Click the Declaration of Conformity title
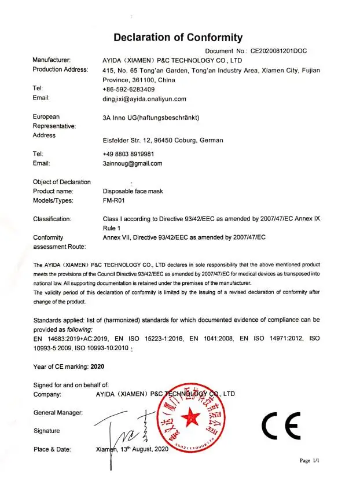(178, 38)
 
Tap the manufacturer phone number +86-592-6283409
(128, 89)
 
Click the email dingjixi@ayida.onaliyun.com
(144, 99)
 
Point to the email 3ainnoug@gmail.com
(133, 163)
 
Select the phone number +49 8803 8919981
(128, 154)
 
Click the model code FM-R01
(114, 200)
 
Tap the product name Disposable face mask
(134, 191)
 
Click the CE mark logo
(281, 427)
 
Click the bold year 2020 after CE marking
(98, 366)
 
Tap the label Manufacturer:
(52, 60)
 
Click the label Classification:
(52, 219)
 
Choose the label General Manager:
(58, 412)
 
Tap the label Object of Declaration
(62, 182)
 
